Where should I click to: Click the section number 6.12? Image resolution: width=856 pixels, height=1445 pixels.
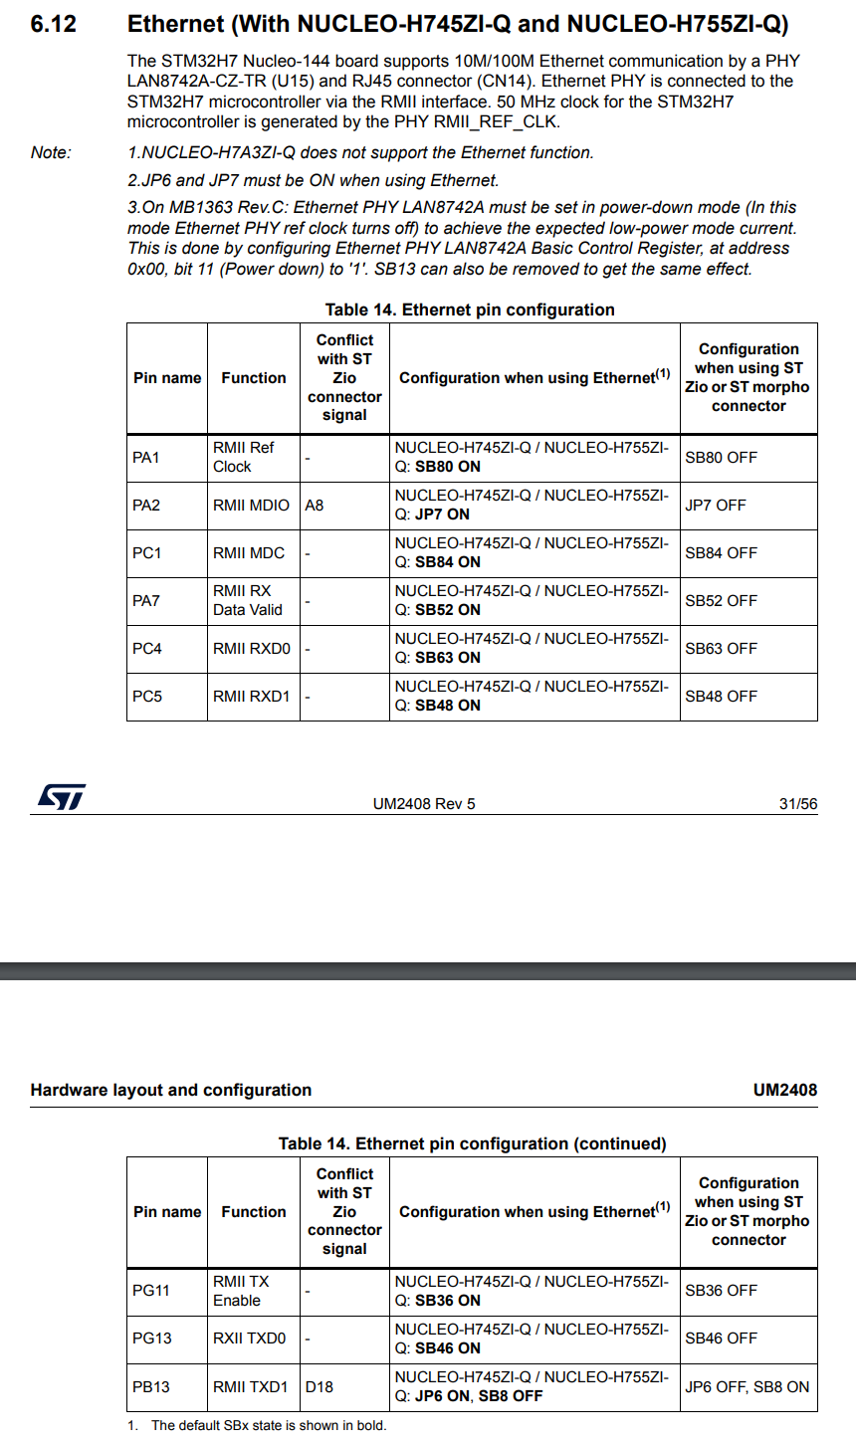click(53, 25)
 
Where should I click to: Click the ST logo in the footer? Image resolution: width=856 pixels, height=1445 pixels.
click(61, 797)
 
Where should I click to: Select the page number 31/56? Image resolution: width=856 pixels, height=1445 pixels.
click(797, 804)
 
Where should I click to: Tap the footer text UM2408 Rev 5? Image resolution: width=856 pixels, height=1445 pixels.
click(424, 804)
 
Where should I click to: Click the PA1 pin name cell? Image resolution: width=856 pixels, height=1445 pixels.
click(146, 458)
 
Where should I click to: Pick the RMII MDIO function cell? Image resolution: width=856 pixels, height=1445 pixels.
click(251, 506)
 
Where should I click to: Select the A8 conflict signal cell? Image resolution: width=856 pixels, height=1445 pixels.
click(315, 506)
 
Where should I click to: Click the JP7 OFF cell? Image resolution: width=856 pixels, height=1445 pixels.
click(715, 506)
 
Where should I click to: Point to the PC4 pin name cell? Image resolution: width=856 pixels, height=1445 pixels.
click(147, 649)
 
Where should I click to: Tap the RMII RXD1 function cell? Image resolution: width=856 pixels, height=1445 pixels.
click(251, 697)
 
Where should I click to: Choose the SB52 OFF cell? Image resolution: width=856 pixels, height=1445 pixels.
click(721, 601)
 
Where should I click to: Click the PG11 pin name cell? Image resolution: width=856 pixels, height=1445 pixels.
click(151, 1291)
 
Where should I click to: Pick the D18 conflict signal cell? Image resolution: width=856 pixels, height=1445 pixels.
click(320, 1386)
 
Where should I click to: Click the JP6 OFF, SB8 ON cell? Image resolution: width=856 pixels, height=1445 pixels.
click(747, 1386)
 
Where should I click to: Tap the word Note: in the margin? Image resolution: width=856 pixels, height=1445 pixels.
click(51, 152)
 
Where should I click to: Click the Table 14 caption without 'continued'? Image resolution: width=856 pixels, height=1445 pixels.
click(470, 310)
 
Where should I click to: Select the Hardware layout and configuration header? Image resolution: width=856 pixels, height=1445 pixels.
click(171, 1090)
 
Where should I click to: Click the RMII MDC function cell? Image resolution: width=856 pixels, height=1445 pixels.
click(249, 553)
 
